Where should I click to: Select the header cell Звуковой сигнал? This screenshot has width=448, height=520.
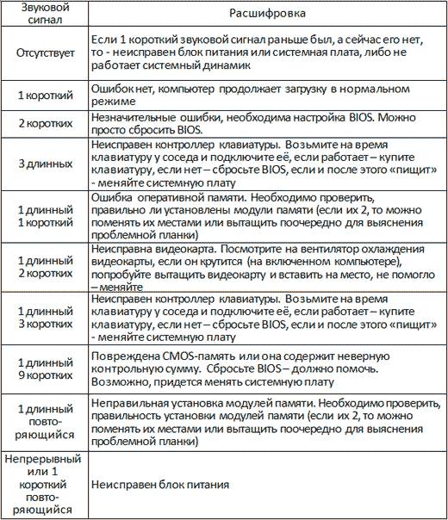coord(43,15)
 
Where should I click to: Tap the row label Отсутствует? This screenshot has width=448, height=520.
coord(43,53)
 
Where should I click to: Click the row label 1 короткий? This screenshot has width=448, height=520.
coord(43,93)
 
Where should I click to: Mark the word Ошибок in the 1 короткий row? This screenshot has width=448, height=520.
coord(113,86)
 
